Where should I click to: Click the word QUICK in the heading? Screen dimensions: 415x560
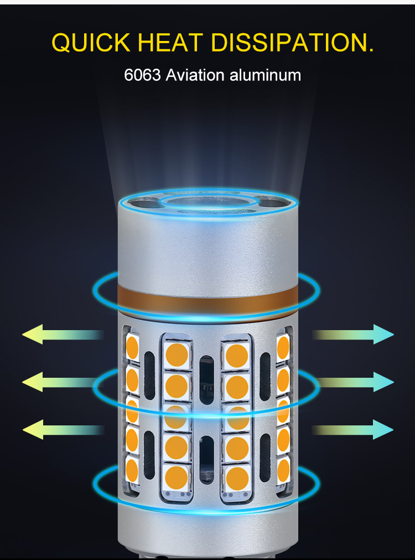91,43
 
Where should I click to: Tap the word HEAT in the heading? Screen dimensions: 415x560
170,43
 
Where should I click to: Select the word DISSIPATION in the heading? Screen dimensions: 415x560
288,43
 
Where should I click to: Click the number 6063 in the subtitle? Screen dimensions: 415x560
142,75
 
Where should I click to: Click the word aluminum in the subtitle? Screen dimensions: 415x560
265,75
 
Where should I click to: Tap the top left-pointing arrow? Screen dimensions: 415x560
63,335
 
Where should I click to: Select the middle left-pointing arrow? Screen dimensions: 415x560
63,382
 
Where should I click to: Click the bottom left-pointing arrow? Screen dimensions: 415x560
63,429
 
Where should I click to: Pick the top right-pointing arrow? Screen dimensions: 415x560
353,335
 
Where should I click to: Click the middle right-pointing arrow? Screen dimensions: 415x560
353,382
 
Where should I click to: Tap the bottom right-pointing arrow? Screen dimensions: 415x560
352,429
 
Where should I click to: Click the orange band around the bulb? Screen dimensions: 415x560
207,299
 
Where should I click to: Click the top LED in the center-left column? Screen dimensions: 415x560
177,355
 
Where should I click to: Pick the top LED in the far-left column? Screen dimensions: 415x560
132,347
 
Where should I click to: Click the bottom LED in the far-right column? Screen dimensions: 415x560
283,470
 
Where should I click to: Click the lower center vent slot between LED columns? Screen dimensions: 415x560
206,460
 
